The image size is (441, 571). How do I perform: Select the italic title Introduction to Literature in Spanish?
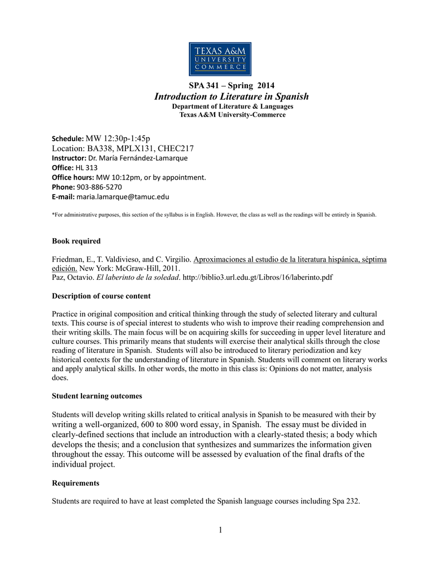click(x=231, y=96)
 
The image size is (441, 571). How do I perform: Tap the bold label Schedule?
click(x=67, y=138)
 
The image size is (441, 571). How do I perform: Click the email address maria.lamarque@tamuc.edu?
click(x=123, y=197)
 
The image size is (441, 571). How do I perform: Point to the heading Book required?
click(x=76, y=241)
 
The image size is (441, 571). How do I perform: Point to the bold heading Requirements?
click(x=75, y=482)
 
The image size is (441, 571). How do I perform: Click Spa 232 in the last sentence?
click(x=345, y=501)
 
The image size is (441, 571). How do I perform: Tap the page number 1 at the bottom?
click(x=221, y=530)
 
